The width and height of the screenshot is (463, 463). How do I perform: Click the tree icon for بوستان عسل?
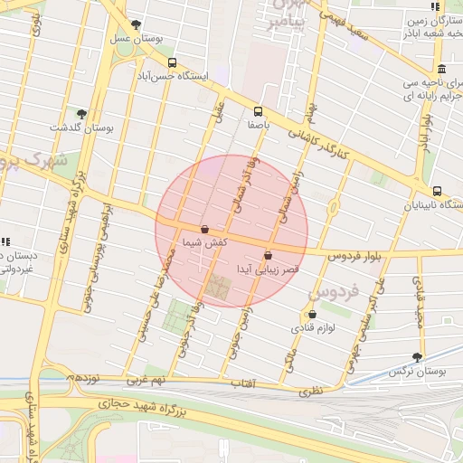(136, 24)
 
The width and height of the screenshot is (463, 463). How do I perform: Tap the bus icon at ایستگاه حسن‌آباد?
(172, 62)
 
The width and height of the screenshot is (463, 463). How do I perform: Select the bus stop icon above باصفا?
(260, 111)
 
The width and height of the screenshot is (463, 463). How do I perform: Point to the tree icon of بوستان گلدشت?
(81, 114)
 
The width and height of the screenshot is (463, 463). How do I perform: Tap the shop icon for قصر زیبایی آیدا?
(268, 255)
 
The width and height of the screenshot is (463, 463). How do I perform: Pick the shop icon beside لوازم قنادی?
(312, 315)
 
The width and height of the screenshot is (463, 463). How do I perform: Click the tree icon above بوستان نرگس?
(417, 357)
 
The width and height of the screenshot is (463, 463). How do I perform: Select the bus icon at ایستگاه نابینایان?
(438, 191)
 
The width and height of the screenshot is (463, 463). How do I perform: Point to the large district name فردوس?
(334, 292)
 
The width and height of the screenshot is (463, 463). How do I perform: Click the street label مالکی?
(290, 358)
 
